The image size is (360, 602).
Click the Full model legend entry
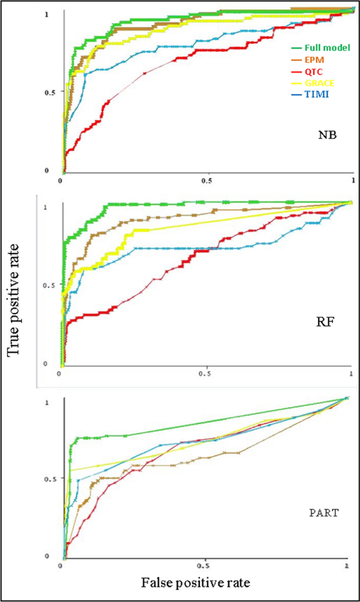click(x=321, y=48)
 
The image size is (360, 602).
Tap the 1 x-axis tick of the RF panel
click(x=351, y=372)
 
